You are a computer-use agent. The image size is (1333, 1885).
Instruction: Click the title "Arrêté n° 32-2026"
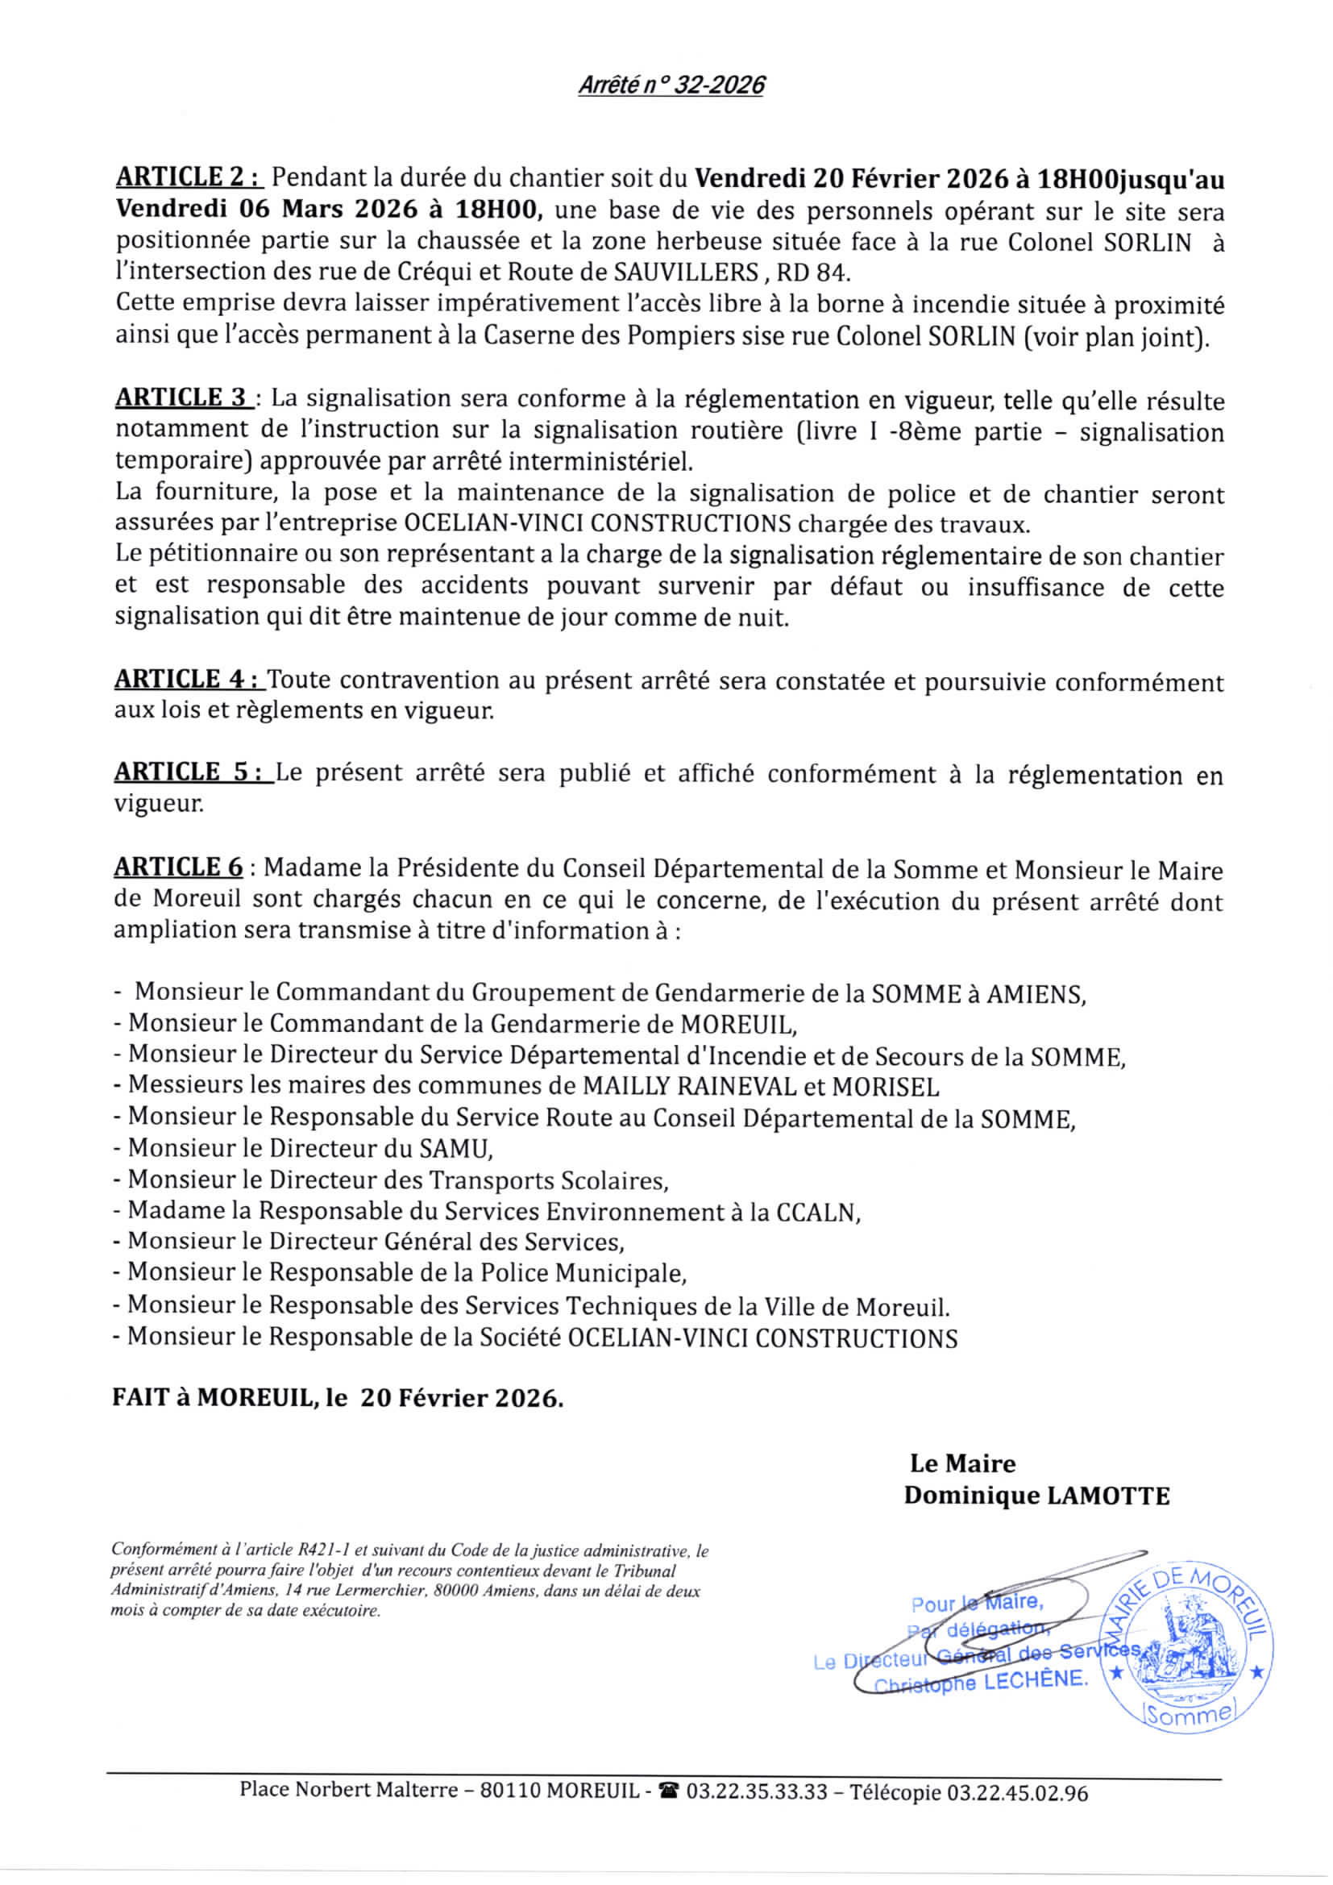click(x=671, y=85)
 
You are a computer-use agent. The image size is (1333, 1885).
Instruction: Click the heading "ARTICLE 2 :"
click(x=189, y=177)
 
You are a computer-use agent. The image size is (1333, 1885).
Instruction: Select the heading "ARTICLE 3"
click(x=182, y=398)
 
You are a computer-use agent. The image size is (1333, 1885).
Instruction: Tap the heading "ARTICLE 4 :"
click(x=189, y=679)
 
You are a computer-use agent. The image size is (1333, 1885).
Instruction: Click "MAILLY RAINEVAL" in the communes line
click(x=690, y=1086)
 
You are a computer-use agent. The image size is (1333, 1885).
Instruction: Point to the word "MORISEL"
click(x=886, y=1086)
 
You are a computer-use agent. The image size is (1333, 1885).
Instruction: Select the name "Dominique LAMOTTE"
click(x=1036, y=1495)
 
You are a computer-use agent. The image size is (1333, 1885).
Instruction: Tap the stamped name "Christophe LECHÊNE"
click(x=980, y=1682)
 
